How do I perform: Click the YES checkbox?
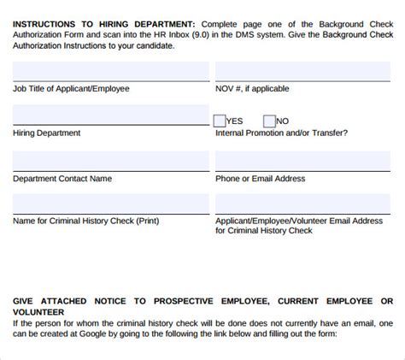220,121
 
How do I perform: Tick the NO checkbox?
270,121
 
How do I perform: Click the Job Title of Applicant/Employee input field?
111,72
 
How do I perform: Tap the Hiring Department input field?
111,116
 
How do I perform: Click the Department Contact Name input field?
111,161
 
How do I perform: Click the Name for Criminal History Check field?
111,204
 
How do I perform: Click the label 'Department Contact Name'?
62,179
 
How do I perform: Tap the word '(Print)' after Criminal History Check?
142,221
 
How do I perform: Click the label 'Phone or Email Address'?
260,179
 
